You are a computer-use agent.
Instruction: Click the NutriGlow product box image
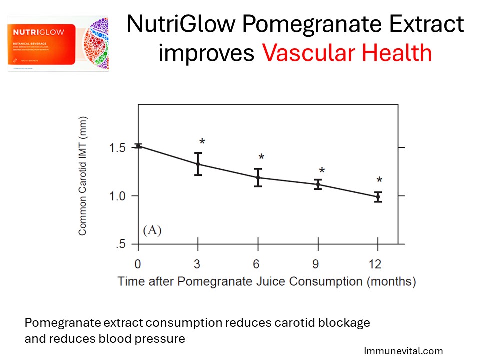point(58,43)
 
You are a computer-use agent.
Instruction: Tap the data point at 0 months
point(139,146)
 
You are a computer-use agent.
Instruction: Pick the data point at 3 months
point(198,164)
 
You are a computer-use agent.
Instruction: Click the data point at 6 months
point(258,177)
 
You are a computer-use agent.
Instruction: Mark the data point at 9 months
point(318,184)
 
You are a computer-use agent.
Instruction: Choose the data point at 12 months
point(378,197)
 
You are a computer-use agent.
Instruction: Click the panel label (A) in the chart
point(152,230)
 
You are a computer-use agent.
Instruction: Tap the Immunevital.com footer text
point(403,351)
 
